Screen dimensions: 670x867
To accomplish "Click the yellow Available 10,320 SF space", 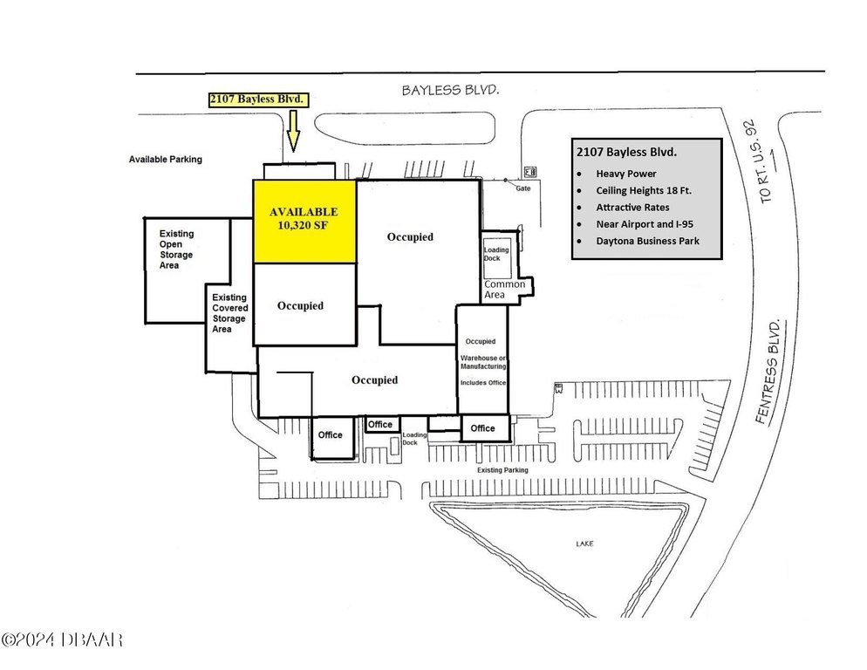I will [x=304, y=221].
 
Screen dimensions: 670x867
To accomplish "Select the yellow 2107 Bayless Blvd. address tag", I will [x=258, y=99].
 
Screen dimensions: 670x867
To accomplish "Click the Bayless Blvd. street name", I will [x=444, y=90].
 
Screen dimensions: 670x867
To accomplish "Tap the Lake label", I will [x=584, y=544].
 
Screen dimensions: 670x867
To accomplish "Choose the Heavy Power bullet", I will [x=626, y=174].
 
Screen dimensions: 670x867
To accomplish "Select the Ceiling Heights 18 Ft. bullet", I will [x=643, y=190].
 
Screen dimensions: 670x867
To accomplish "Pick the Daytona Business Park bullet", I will [x=648, y=241].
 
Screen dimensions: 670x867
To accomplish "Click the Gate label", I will [x=522, y=188].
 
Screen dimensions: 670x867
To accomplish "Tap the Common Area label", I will [x=505, y=290].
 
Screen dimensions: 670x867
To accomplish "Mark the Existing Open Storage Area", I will [x=176, y=250].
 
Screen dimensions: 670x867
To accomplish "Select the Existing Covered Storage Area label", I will [x=229, y=313].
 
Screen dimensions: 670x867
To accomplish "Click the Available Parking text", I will [x=166, y=160].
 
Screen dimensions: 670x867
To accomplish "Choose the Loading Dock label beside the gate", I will [x=495, y=254].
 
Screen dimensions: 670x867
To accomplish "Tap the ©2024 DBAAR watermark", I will [x=62, y=640].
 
